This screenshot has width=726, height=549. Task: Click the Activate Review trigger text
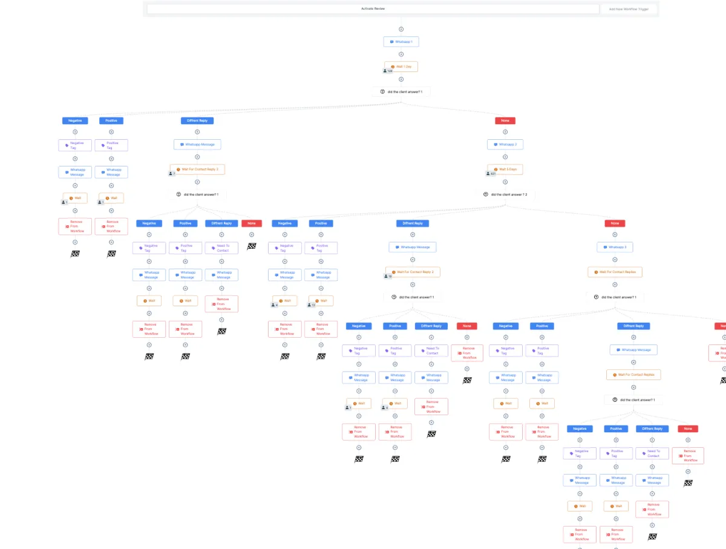tap(373, 8)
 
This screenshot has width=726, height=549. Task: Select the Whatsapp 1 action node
tap(401, 42)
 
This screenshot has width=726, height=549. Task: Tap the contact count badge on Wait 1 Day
tap(388, 71)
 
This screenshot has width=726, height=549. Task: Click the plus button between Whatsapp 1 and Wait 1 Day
tap(401, 54)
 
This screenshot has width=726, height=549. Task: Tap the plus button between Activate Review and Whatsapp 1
tap(401, 29)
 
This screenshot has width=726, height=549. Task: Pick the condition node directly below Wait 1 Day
tap(401, 91)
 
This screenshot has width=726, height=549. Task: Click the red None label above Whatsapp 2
tap(505, 120)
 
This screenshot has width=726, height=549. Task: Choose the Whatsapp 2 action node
tap(505, 145)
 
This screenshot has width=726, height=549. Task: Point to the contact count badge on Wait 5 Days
tap(492, 174)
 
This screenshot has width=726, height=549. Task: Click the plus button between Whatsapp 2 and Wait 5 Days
tap(505, 157)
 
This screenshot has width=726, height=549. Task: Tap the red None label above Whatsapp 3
tap(615, 223)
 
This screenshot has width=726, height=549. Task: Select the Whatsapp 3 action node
tap(615, 247)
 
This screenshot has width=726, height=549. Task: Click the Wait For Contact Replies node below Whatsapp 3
tap(615, 272)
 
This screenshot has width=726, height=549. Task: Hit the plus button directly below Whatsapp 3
tap(615, 260)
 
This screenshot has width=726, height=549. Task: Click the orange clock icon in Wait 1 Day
tap(393, 67)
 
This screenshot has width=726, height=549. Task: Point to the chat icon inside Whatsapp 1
tap(392, 42)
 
